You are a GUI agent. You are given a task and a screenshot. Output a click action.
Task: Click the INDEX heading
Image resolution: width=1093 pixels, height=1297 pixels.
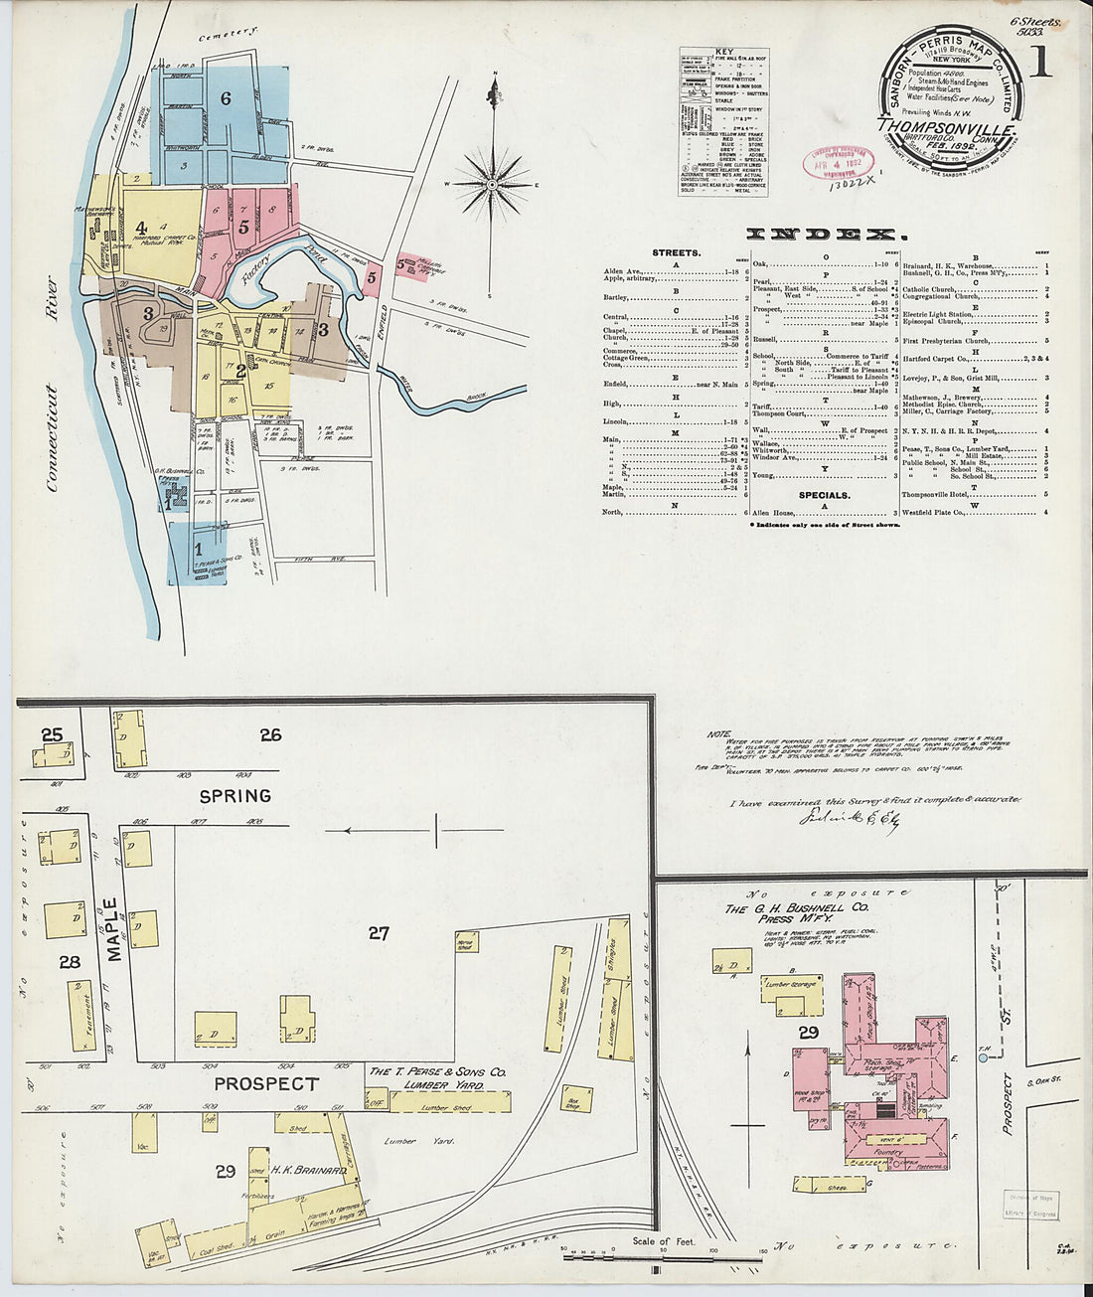(x=826, y=235)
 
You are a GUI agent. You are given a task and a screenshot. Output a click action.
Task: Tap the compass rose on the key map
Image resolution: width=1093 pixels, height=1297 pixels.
(x=493, y=185)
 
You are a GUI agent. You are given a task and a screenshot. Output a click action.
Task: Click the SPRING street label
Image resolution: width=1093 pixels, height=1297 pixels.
(x=235, y=796)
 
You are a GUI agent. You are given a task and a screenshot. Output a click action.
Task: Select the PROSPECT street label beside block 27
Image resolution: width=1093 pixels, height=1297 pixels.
(x=266, y=1083)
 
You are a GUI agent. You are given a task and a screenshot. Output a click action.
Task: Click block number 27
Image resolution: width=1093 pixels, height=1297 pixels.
(x=378, y=933)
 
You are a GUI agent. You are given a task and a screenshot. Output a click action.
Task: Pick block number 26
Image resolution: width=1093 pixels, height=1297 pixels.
(x=270, y=735)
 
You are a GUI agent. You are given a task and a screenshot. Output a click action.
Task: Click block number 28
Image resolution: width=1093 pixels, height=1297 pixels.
(x=69, y=962)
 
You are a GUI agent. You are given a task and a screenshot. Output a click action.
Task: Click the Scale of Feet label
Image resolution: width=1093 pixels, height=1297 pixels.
(x=666, y=1241)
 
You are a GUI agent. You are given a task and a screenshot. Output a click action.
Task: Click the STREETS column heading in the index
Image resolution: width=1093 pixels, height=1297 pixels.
(x=676, y=252)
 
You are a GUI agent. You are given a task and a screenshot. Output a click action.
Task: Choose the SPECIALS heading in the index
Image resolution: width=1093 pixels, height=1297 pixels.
(x=824, y=494)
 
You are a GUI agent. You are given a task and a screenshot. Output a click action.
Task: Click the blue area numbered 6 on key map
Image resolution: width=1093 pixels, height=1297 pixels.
(x=226, y=98)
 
